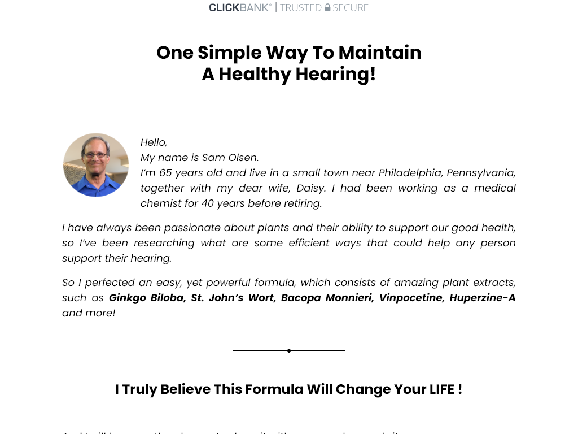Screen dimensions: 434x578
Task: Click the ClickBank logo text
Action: pyautogui.click(x=239, y=7)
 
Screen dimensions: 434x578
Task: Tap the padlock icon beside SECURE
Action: pyautogui.click(x=327, y=7)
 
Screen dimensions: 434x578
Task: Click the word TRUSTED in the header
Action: pyautogui.click(x=301, y=7)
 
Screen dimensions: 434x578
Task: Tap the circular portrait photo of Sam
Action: pyautogui.click(x=96, y=165)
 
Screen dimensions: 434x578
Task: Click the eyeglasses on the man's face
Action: pyautogui.click(x=95, y=155)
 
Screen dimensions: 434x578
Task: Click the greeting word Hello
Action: pyautogui.click(x=154, y=142)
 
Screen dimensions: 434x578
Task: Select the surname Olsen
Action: pyautogui.click(x=243, y=158)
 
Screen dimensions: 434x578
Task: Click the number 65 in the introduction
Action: pyautogui.click(x=165, y=173)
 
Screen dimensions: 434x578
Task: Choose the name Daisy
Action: pyautogui.click(x=311, y=188)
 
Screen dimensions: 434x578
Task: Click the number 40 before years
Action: pyautogui.click(x=207, y=203)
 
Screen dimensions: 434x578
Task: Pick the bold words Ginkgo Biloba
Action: pyautogui.click(x=146, y=298)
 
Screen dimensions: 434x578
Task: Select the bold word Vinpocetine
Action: pyautogui.click(x=410, y=298)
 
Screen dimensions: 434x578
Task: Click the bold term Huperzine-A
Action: pyautogui.click(x=482, y=298)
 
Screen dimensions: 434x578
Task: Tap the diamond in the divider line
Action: pyautogui.click(x=289, y=351)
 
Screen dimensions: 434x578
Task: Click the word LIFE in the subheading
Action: pyautogui.click(x=442, y=389)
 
